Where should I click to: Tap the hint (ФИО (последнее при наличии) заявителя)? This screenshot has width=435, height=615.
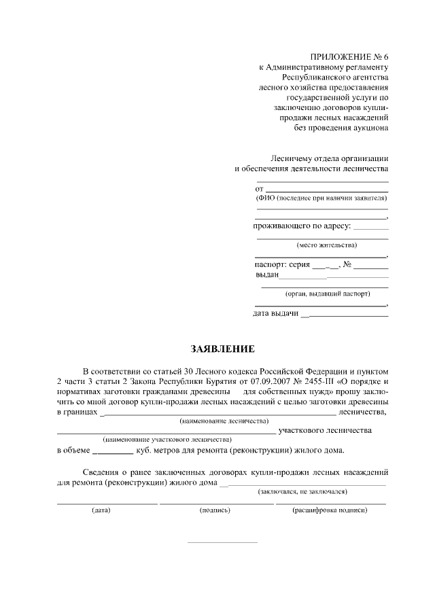[321, 198]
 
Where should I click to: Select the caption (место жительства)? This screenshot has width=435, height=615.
[321, 245]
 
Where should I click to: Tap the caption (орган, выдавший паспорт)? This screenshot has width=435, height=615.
[321, 294]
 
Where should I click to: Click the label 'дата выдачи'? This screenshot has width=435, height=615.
[275, 313]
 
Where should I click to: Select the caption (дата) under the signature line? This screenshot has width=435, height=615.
[101, 510]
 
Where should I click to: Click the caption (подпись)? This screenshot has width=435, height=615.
[215, 510]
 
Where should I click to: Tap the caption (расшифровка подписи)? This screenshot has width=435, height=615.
[330, 510]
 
